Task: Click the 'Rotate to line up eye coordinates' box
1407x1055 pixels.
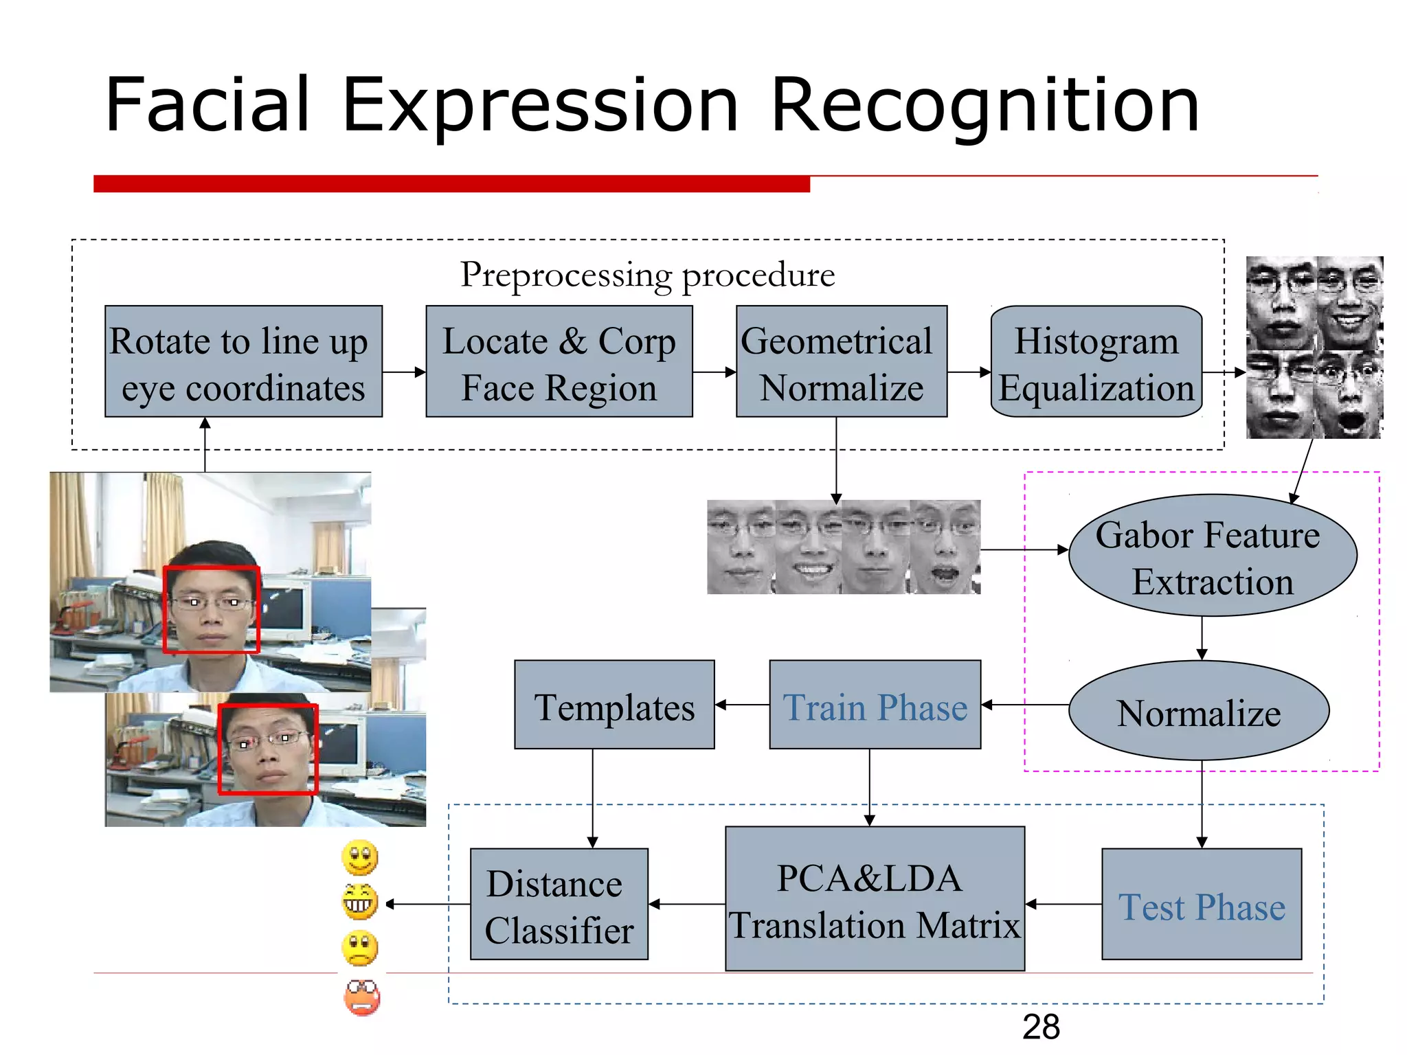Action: pyautogui.click(x=243, y=361)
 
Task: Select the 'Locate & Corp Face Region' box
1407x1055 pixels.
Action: pyautogui.click(x=559, y=361)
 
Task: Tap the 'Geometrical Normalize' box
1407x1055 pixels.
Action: pyautogui.click(x=841, y=361)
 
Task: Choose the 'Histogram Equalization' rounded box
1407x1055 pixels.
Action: pyautogui.click(x=1096, y=361)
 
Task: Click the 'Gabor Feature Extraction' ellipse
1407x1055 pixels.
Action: pyautogui.click(x=1212, y=556)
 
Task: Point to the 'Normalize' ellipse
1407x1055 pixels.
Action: pyautogui.click(x=1199, y=711)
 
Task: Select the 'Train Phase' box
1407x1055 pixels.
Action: pyautogui.click(x=875, y=705)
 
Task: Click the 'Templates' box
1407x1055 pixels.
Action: pyautogui.click(x=614, y=705)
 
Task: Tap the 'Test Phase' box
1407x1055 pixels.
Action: pyautogui.click(x=1201, y=904)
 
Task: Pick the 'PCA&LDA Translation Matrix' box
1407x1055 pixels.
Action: pyautogui.click(x=875, y=898)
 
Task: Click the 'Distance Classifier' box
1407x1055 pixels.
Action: pyautogui.click(x=559, y=904)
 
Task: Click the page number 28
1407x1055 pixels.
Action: pyautogui.click(x=1040, y=1028)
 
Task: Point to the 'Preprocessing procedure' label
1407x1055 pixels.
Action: pyautogui.click(x=647, y=275)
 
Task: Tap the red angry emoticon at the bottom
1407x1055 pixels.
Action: pyautogui.click(x=361, y=998)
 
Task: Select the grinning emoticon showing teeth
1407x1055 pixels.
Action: pyautogui.click(x=360, y=902)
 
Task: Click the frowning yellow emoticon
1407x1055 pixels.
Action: pyautogui.click(x=360, y=949)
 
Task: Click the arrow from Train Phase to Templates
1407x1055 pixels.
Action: pyautogui.click(x=742, y=705)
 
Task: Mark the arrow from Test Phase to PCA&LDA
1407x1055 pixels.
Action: pyautogui.click(x=1063, y=904)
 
